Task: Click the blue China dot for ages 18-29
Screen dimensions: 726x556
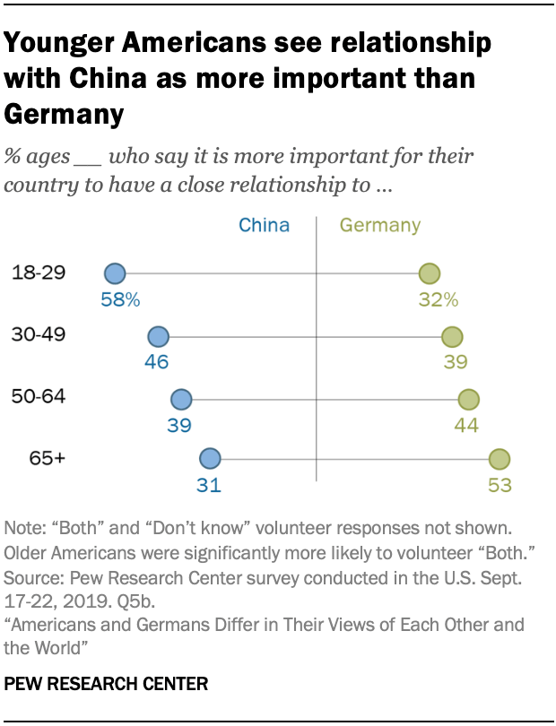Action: tap(114, 274)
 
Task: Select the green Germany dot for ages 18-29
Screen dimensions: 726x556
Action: tap(430, 274)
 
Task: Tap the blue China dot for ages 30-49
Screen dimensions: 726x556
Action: tap(158, 337)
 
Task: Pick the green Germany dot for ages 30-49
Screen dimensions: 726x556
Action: tap(452, 337)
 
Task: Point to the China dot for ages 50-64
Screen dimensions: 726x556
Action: tap(181, 399)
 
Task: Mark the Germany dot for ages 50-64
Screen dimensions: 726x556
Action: tap(468, 399)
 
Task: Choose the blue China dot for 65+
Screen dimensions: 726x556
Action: tap(210, 460)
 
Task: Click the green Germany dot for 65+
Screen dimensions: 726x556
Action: tap(500, 460)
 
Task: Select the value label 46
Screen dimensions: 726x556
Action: tap(157, 363)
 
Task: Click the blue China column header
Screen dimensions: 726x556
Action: tap(265, 225)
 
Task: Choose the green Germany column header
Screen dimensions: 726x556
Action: tap(379, 226)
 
